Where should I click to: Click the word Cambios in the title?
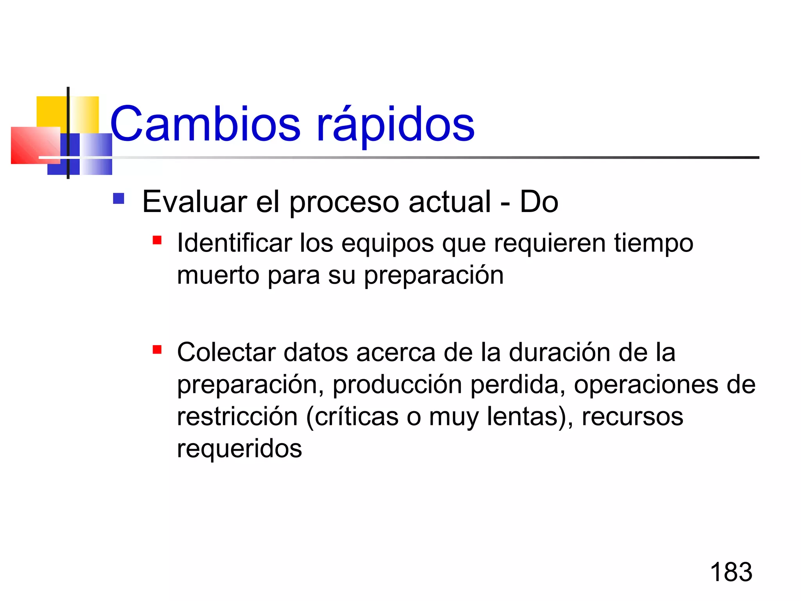[x=205, y=124]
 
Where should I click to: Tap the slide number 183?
[x=731, y=572]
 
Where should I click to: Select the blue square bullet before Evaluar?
[x=119, y=199]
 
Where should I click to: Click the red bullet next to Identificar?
[x=157, y=240]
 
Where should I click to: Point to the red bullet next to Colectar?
[x=157, y=349]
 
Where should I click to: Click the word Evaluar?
[x=194, y=202]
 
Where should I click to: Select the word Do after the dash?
[x=539, y=202]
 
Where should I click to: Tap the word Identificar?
[x=234, y=243]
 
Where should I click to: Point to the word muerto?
[x=218, y=275]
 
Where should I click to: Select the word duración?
[x=559, y=352]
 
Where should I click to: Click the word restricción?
[x=237, y=416]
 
